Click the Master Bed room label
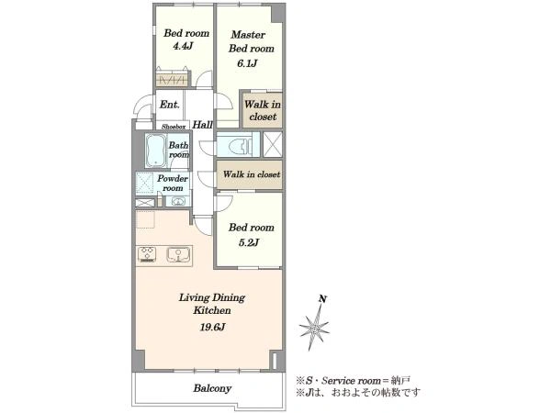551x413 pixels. (x=252, y=41)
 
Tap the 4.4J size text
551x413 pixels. (x=183, y=47)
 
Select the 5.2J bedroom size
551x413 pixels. (x=249, y=242)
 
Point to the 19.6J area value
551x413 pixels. (x=212, y=328)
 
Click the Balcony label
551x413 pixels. (x=212, y=388)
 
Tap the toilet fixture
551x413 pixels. (x=239, y=145)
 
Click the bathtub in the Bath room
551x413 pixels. (x=156, y=151)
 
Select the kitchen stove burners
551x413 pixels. (x=147, y=254)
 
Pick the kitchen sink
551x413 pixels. (x=178, y=254)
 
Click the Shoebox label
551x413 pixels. (x=174, y=127)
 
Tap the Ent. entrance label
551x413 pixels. (x=169, y=105)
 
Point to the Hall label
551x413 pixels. (x=202, y=125)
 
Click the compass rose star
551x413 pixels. (x=314, y=328)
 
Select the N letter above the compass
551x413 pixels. (x=322, y=299)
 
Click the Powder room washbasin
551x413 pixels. (x=178, y=202)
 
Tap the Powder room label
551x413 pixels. (x=173, y=183)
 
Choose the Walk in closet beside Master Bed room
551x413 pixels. (x=262, y=110)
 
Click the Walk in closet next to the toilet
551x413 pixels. (x=252, y=174)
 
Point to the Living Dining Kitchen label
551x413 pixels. (x=212, y=304)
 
